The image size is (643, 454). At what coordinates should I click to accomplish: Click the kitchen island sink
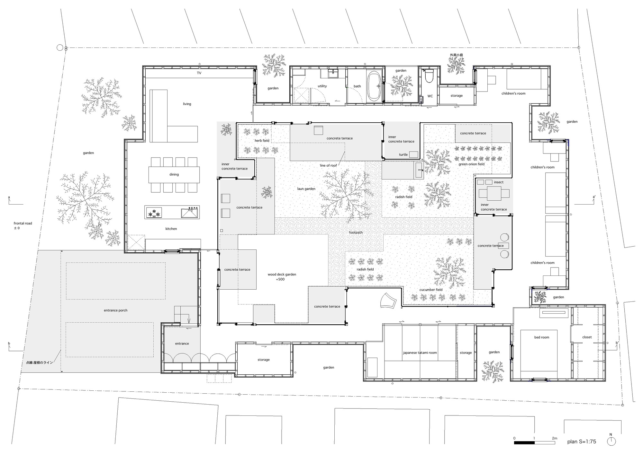pos(190,213)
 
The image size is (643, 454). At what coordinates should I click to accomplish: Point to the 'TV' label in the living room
pos(199,73)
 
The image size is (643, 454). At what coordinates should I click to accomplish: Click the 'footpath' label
pos(356,232)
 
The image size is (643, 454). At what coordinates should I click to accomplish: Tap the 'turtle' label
pos(403,154)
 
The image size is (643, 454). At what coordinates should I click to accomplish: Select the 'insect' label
pos(499,182)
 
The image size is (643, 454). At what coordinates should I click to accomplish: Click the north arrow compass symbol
pos(611,441)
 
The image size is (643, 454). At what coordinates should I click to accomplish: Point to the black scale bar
pos(524,443)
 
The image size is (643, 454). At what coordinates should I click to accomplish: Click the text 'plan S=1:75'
pos(582,441)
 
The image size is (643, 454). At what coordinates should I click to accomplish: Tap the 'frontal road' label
pos(23,223)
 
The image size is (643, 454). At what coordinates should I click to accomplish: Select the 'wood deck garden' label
pos(282,275)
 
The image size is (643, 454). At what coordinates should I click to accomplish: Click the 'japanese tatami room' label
pos(420,353)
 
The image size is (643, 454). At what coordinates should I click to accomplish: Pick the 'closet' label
pos(587,337)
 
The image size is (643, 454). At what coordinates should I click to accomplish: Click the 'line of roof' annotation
pos(328,165)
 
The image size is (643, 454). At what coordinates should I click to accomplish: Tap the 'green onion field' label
pos(471,164)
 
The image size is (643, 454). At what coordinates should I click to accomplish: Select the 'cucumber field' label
pos(431,290)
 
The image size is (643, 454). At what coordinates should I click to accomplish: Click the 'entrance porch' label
pos(115,310)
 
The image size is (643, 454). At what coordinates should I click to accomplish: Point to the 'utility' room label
pos(322,86)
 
